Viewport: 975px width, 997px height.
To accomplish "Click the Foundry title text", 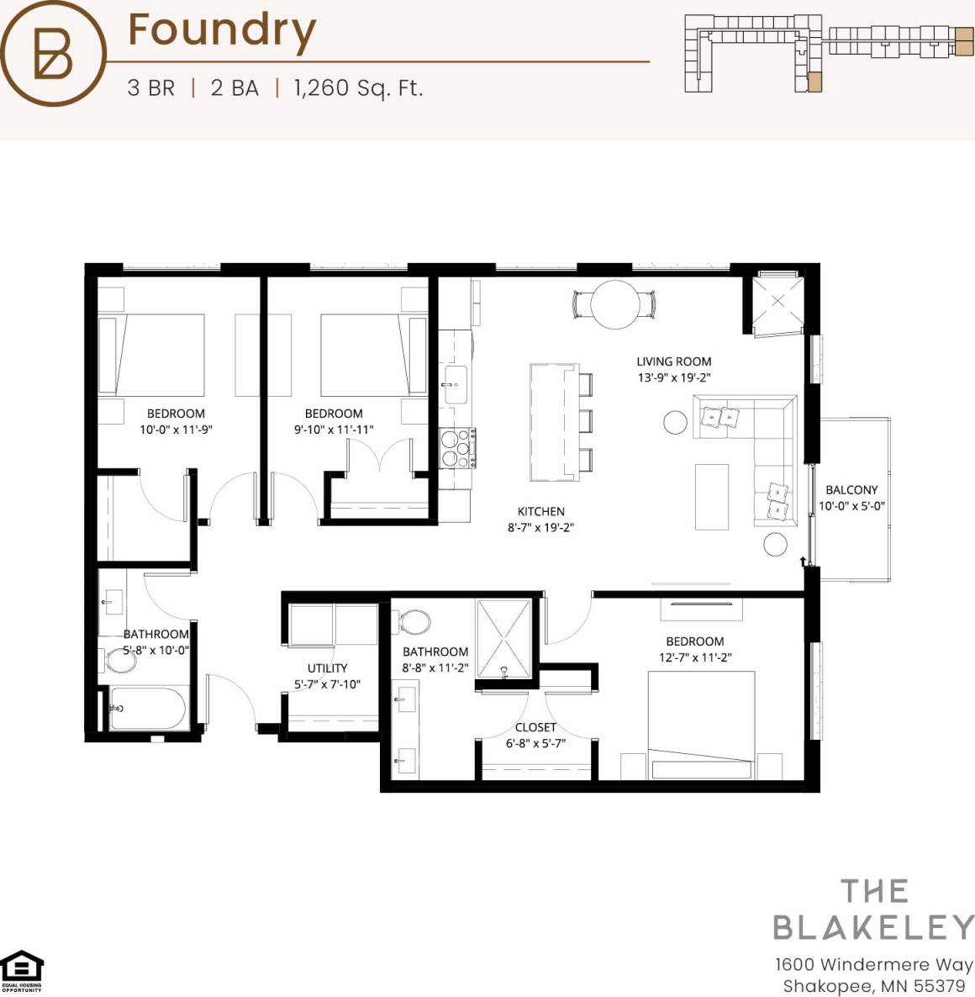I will coord(222,31).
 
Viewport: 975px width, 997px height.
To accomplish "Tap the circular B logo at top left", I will coord(53,54).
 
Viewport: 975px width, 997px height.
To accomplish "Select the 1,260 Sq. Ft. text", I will coord(358,87).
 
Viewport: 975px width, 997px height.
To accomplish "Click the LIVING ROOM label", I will coord(673,361).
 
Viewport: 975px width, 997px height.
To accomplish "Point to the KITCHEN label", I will coord(540,511).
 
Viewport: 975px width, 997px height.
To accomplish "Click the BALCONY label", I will coord(851,489).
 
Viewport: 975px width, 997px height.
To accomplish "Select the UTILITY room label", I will coord(327,668).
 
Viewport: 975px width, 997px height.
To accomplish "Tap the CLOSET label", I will coord(535,727).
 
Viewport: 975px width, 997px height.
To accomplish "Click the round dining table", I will coord(614,304).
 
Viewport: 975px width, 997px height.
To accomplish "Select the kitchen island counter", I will coord(554,422).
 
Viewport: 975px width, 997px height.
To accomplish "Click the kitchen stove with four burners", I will coord(456,447).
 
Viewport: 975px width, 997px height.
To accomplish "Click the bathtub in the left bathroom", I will coord(148,709).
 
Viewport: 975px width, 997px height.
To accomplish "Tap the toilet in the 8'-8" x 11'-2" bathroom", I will coord(414,623).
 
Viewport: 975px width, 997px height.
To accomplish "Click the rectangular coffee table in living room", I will coord(711,497).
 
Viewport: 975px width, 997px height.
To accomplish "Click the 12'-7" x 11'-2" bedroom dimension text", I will coord(694,657).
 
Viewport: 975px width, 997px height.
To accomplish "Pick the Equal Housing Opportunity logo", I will coord(21,971).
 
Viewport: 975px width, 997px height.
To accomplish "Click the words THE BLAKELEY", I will coord(873,910).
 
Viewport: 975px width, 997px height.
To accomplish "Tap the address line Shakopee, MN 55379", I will coord(873,986).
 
